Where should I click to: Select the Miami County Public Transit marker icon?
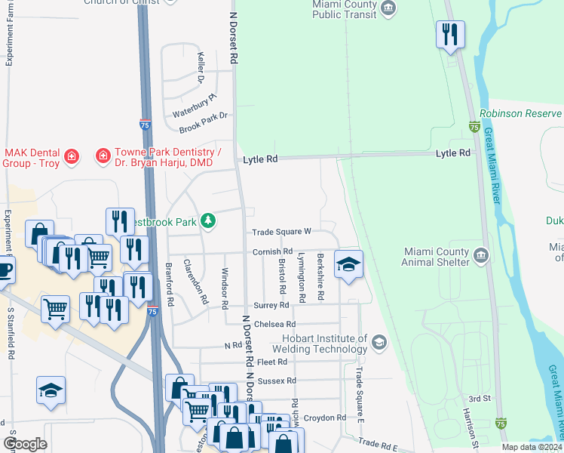pos(388,9)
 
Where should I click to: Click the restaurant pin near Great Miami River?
pos(450,35)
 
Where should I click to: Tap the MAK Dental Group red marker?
pos(72,157)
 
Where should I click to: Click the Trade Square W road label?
pos(282,232)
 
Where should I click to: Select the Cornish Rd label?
pos(272,251)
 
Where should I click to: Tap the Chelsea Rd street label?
pos(274,325)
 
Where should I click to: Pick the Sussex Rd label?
pos(277,381)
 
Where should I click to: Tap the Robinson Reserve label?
pos(521,113)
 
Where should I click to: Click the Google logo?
pos(25,444)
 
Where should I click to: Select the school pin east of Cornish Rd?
pos(348,264)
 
